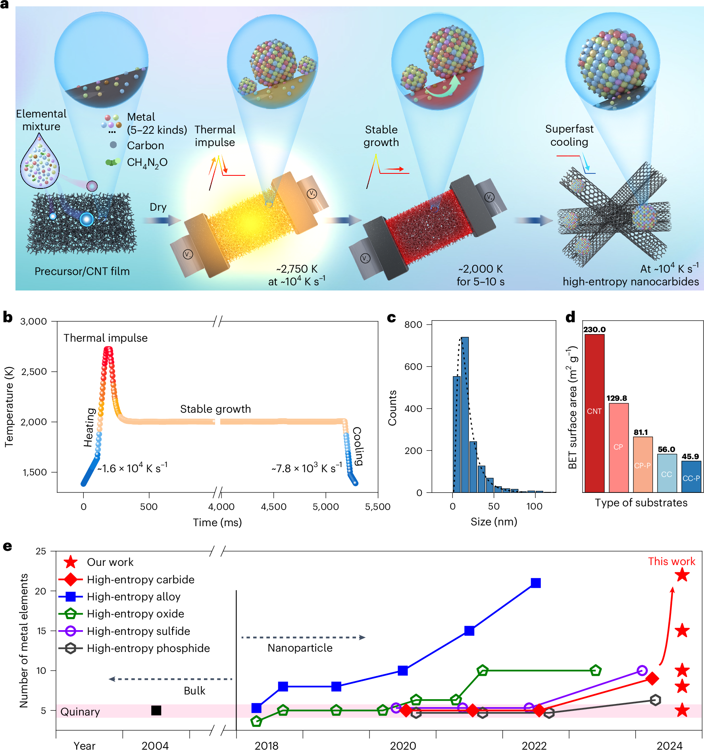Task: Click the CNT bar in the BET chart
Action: tap(594, 413)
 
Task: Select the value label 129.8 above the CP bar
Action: tap(616, 398)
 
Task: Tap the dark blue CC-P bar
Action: tap(691, 476)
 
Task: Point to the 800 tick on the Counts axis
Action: tap(413, 325)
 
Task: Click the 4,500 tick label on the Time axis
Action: tap(273, 507)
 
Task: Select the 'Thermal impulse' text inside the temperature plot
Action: tap(106, 338)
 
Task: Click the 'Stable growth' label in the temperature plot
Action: tap(215, 409)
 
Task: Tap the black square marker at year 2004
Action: tap(156, 710)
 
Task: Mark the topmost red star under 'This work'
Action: tap(682, 575)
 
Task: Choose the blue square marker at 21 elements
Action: tap(536, 583)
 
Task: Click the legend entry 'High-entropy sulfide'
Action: tap(138, 631)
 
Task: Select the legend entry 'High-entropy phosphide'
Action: tap(148, 648)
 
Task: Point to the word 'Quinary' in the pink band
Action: tap(80, 712)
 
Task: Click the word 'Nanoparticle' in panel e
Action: tap(300, 648)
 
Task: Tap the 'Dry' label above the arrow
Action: tap(158, 207)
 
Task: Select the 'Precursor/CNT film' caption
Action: tap(82, 271)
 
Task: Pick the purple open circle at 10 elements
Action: tap(642, 671)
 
